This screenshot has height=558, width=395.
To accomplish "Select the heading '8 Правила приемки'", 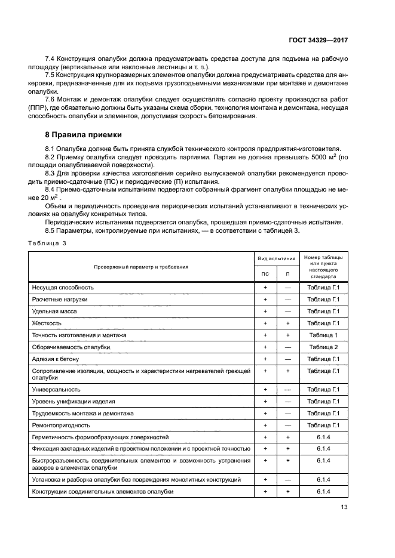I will click(x=84, y=135).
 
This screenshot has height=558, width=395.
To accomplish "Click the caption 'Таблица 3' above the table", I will click(x=48, y=243).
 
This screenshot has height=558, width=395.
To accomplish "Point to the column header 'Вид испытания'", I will click(x=276, y=258).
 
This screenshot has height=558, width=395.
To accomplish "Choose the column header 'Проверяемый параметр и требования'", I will click(x=140, y=267).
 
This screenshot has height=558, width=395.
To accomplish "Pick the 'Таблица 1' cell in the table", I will click(x=323, y=335).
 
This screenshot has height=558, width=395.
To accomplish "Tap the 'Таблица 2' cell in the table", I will click(x=323, y=347).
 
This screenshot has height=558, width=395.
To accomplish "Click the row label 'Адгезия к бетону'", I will click(x=56, y=359).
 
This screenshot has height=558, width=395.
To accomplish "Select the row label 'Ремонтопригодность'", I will click(x=61, y=425).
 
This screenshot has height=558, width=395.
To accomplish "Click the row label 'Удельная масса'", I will click(x=54, y=311).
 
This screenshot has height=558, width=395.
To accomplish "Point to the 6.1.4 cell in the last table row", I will click(x=323, y=491).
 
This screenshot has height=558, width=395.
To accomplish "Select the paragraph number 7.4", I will click(x=51, y=60).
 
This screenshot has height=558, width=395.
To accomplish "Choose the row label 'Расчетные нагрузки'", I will click(x=60, y=299).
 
